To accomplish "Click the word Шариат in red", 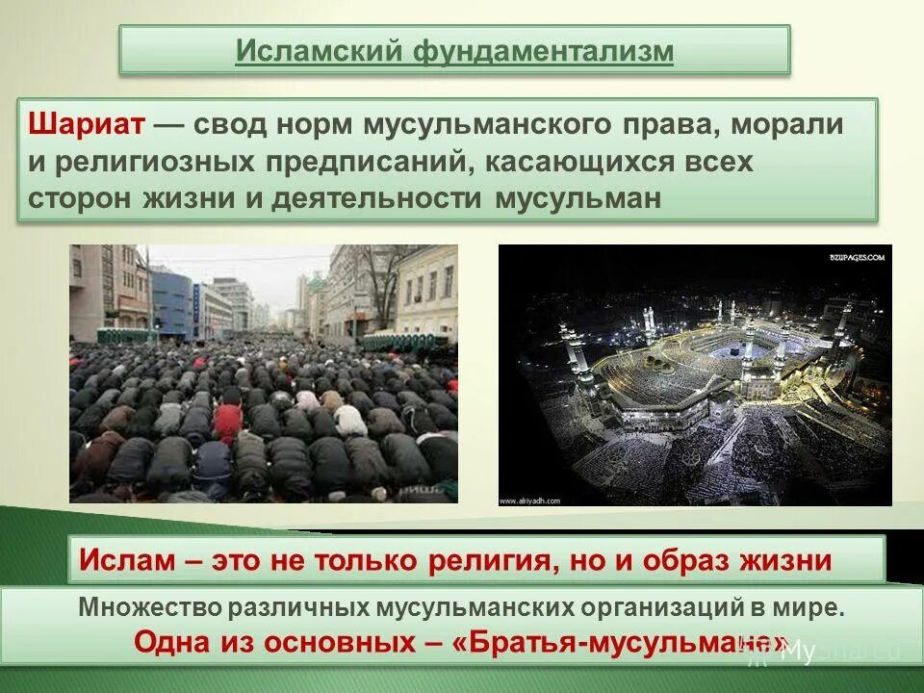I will click(x=88, y=125).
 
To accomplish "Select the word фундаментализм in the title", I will click(x=544, y=51).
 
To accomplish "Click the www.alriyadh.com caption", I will click(x=531, y=500).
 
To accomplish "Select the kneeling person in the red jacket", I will click(x=228, y=420).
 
